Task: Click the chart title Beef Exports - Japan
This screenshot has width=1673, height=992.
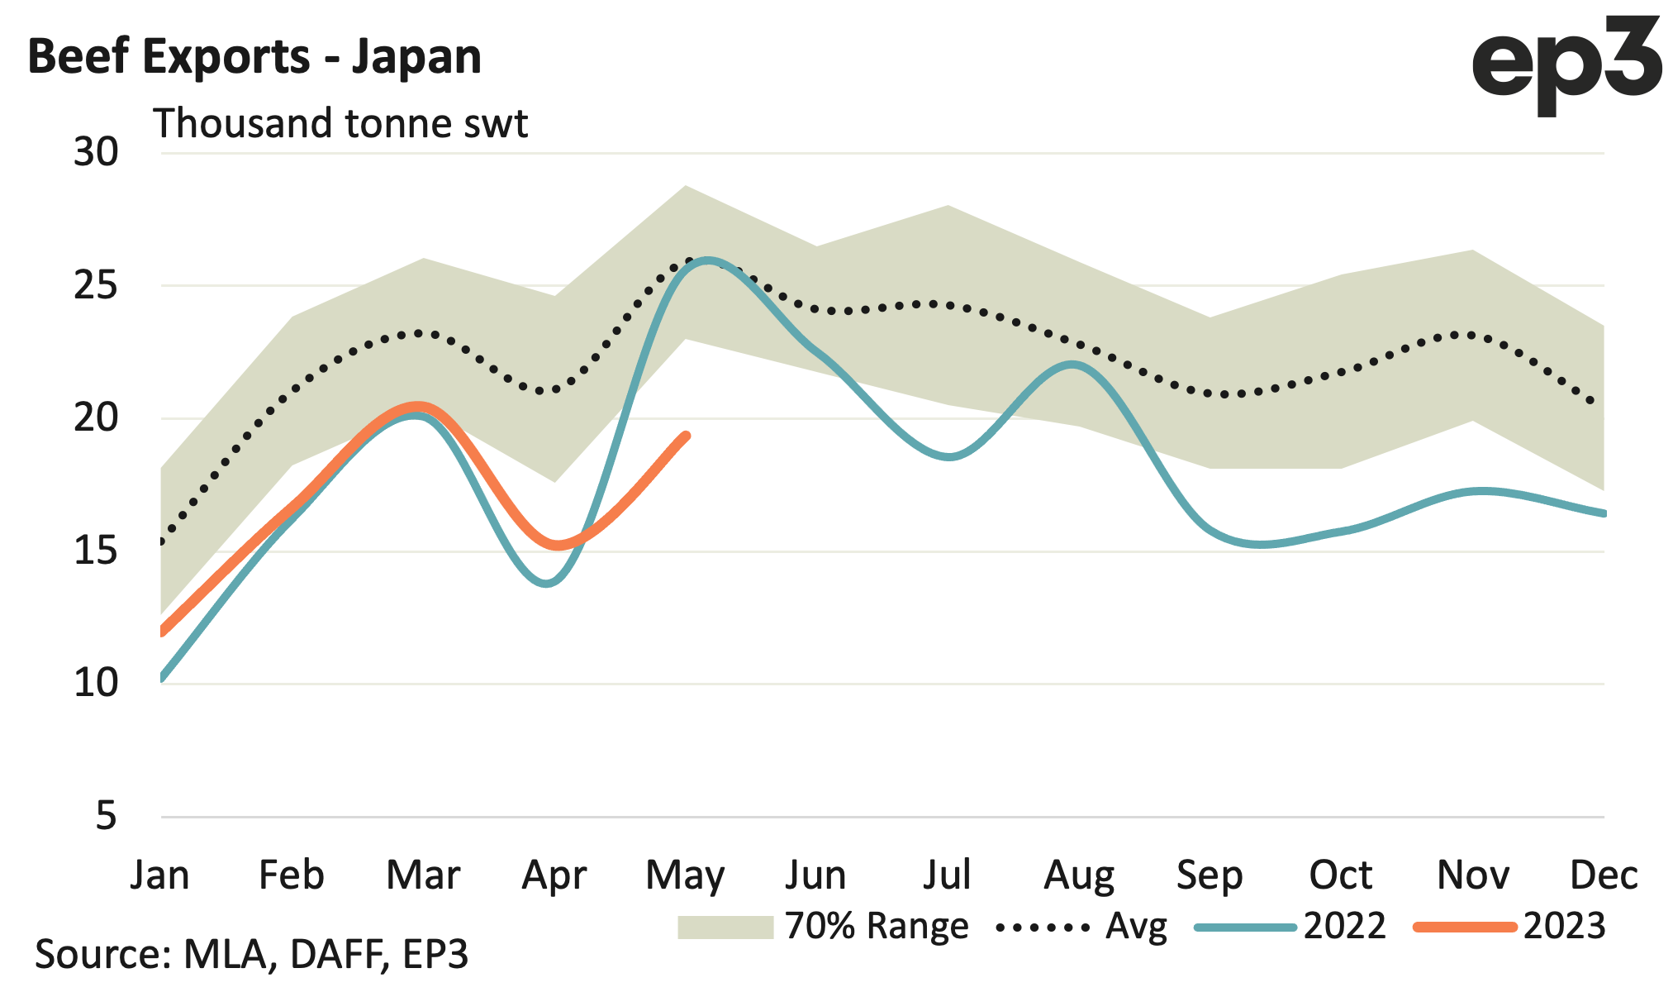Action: (254, 57)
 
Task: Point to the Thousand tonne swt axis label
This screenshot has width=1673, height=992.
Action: (340, 124)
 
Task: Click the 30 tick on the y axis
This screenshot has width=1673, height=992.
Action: (96, 152)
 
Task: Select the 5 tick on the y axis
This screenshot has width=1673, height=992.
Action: (107, 816)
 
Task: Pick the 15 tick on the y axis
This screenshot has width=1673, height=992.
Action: (96, 551)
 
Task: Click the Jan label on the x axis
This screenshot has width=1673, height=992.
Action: (159, 875)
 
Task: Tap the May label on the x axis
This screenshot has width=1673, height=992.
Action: (685, 875)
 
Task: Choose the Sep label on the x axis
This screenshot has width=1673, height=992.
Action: (1210, 875)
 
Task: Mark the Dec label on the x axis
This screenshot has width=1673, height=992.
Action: (1603, 875)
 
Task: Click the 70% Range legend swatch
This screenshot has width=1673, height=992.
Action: (725, 928)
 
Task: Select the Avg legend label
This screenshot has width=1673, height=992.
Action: (1136, 927)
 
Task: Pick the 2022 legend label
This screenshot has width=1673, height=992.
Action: (1344, 927)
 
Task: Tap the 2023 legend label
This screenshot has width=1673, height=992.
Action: (1564, 927)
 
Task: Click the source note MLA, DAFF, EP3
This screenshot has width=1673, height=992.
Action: (251, 954)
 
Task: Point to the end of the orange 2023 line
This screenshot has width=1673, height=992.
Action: (686, 436)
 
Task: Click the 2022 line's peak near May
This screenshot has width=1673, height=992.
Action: (707, 260)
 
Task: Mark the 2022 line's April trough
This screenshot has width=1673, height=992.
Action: (547, 583)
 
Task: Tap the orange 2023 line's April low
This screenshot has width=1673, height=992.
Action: (558, 545)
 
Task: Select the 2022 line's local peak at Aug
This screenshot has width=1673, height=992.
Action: (1072, 364)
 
